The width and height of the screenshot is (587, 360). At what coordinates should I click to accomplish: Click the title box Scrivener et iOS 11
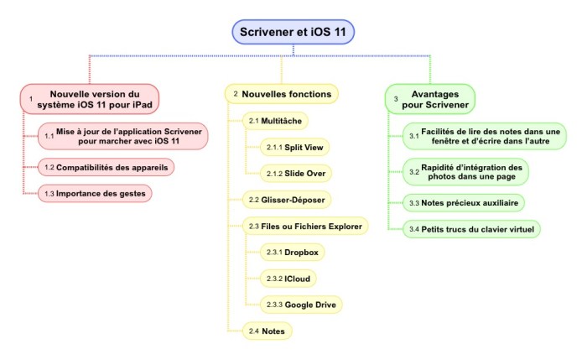point(293,32)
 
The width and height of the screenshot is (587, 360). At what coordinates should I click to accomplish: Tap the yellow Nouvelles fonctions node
point(283,93)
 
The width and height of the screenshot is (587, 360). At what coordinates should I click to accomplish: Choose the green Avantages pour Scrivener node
point(429,99)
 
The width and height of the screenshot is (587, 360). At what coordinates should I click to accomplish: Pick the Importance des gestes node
point(98,193)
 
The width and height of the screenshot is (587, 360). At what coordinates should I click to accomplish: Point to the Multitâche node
point(276,121)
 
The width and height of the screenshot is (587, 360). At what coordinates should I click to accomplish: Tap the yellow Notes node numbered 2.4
point(267,331)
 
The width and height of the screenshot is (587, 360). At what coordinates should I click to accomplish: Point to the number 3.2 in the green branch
point(413,172)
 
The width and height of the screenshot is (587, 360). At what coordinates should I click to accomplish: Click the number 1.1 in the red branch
point(49,136)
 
